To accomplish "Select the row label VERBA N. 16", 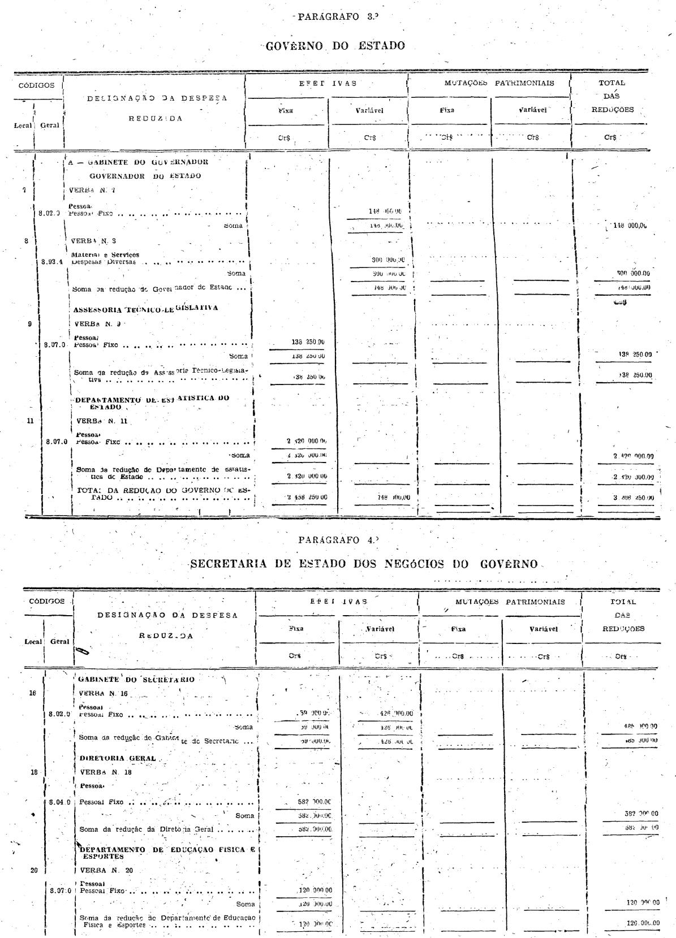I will pyautogui.click(x=104, y=692).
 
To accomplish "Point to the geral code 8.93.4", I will pyautogui.click(x=52, y=262).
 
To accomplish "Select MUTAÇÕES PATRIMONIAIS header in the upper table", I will pyautogui.click(x=492, y=83).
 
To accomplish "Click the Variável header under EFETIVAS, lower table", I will pyautogui.click(x=379, y=629).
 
